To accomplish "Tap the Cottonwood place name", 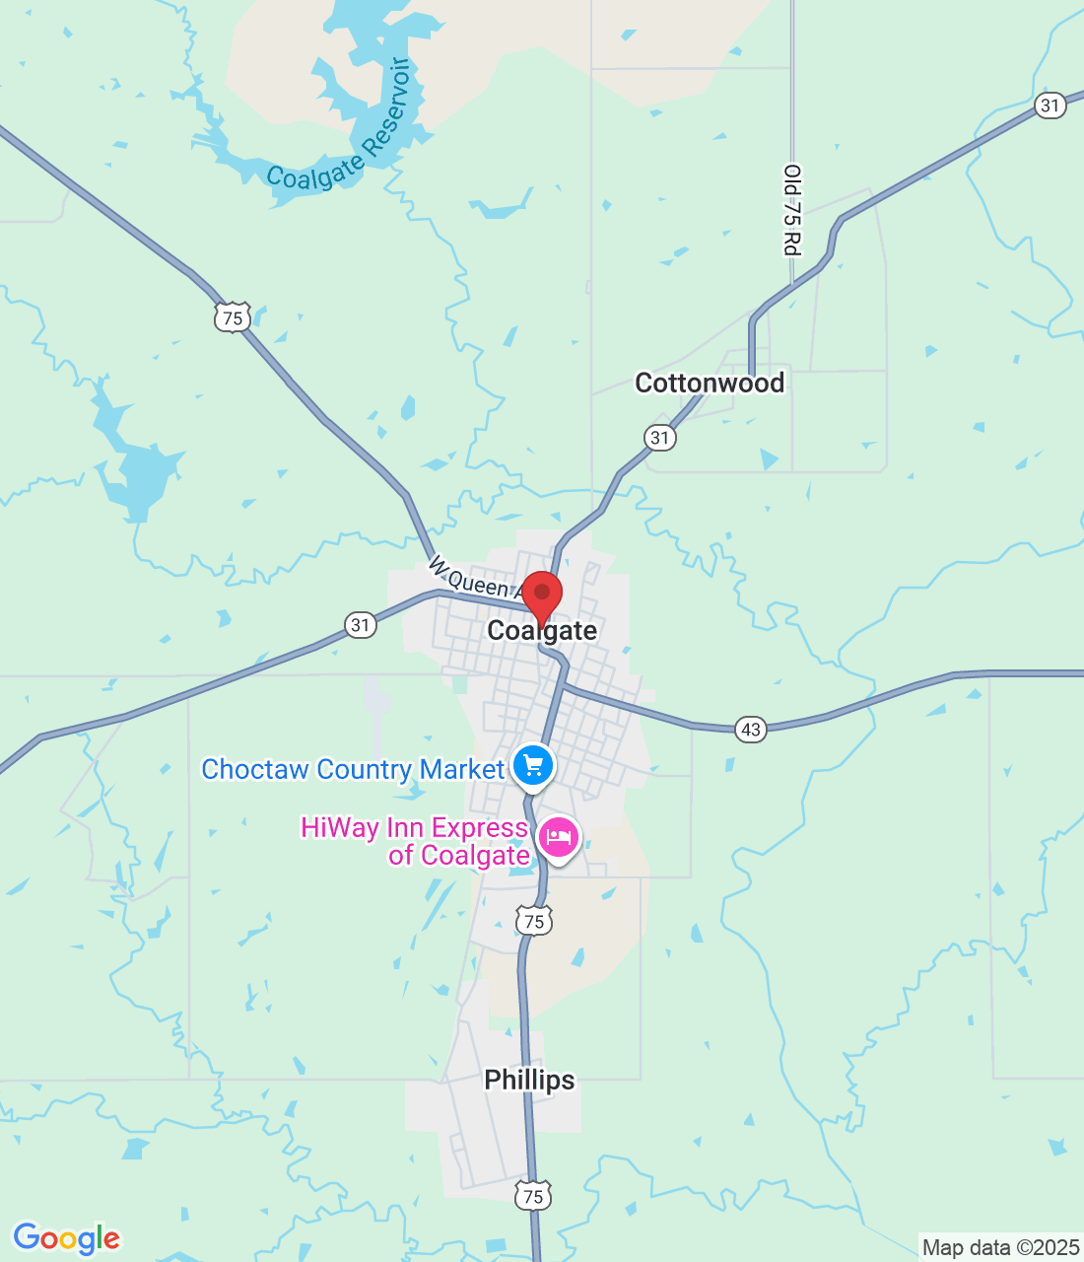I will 710,383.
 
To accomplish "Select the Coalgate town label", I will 542,631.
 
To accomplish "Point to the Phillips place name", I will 529,1080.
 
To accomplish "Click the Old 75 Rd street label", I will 792,210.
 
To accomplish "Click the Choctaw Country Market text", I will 353,769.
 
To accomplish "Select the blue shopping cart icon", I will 533,765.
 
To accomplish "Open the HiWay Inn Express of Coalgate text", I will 415,841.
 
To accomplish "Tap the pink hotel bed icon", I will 559,839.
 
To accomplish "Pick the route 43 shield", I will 751,730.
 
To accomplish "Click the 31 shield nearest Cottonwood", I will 660,438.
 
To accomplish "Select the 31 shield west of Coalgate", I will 361,625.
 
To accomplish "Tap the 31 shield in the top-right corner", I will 1050,105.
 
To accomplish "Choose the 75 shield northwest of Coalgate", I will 233,317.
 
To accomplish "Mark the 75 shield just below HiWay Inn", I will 533,922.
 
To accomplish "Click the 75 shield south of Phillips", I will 533,1197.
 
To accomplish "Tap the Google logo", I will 66,1238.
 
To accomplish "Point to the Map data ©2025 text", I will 1000,1248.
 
